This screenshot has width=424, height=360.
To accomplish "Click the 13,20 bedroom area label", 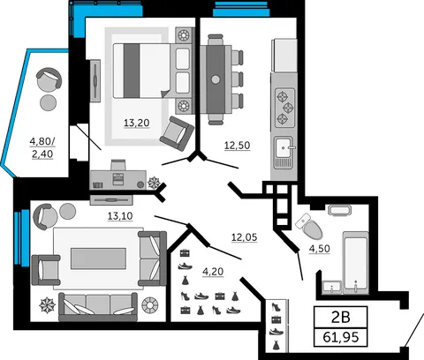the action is click(137, 123).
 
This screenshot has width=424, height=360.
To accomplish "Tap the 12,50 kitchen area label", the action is click(237, 146).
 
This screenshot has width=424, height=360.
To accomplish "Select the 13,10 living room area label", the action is click(120, 216).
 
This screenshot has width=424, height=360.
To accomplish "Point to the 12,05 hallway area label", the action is click(245, 237).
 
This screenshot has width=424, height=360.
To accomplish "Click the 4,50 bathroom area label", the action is click(320, 249).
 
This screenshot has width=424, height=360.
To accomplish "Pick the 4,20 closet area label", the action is click(213, 272).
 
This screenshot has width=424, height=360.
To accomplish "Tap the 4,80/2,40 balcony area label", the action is click(42, 147).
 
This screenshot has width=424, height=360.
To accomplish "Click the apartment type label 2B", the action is click(341, 318).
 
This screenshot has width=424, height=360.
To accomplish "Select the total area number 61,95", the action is click(341, 337).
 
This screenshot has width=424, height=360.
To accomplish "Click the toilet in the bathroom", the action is click(309, 227).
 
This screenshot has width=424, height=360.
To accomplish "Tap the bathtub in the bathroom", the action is click(356, 263).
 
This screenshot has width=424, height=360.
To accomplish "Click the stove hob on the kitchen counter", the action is click(284, 108).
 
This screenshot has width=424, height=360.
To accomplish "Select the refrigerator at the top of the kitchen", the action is click(284, 56).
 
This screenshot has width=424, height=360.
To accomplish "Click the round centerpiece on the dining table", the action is click(216, 79).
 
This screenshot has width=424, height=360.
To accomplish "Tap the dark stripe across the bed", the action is click(132, 71).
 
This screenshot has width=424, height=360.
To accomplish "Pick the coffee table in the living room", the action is click(98, 259).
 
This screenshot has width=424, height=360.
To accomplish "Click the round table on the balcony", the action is click(48, 102).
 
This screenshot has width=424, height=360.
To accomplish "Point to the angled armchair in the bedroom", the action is click(177, 133).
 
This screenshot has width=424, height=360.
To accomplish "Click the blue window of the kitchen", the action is click(241, 9).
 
